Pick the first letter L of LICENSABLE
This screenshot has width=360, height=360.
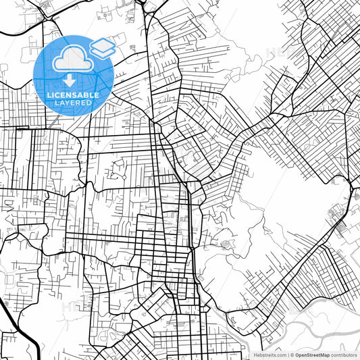pyautogui.click(x=49, y=95)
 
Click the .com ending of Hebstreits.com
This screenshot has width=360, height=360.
pyautogui.click(x=279, y=355)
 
